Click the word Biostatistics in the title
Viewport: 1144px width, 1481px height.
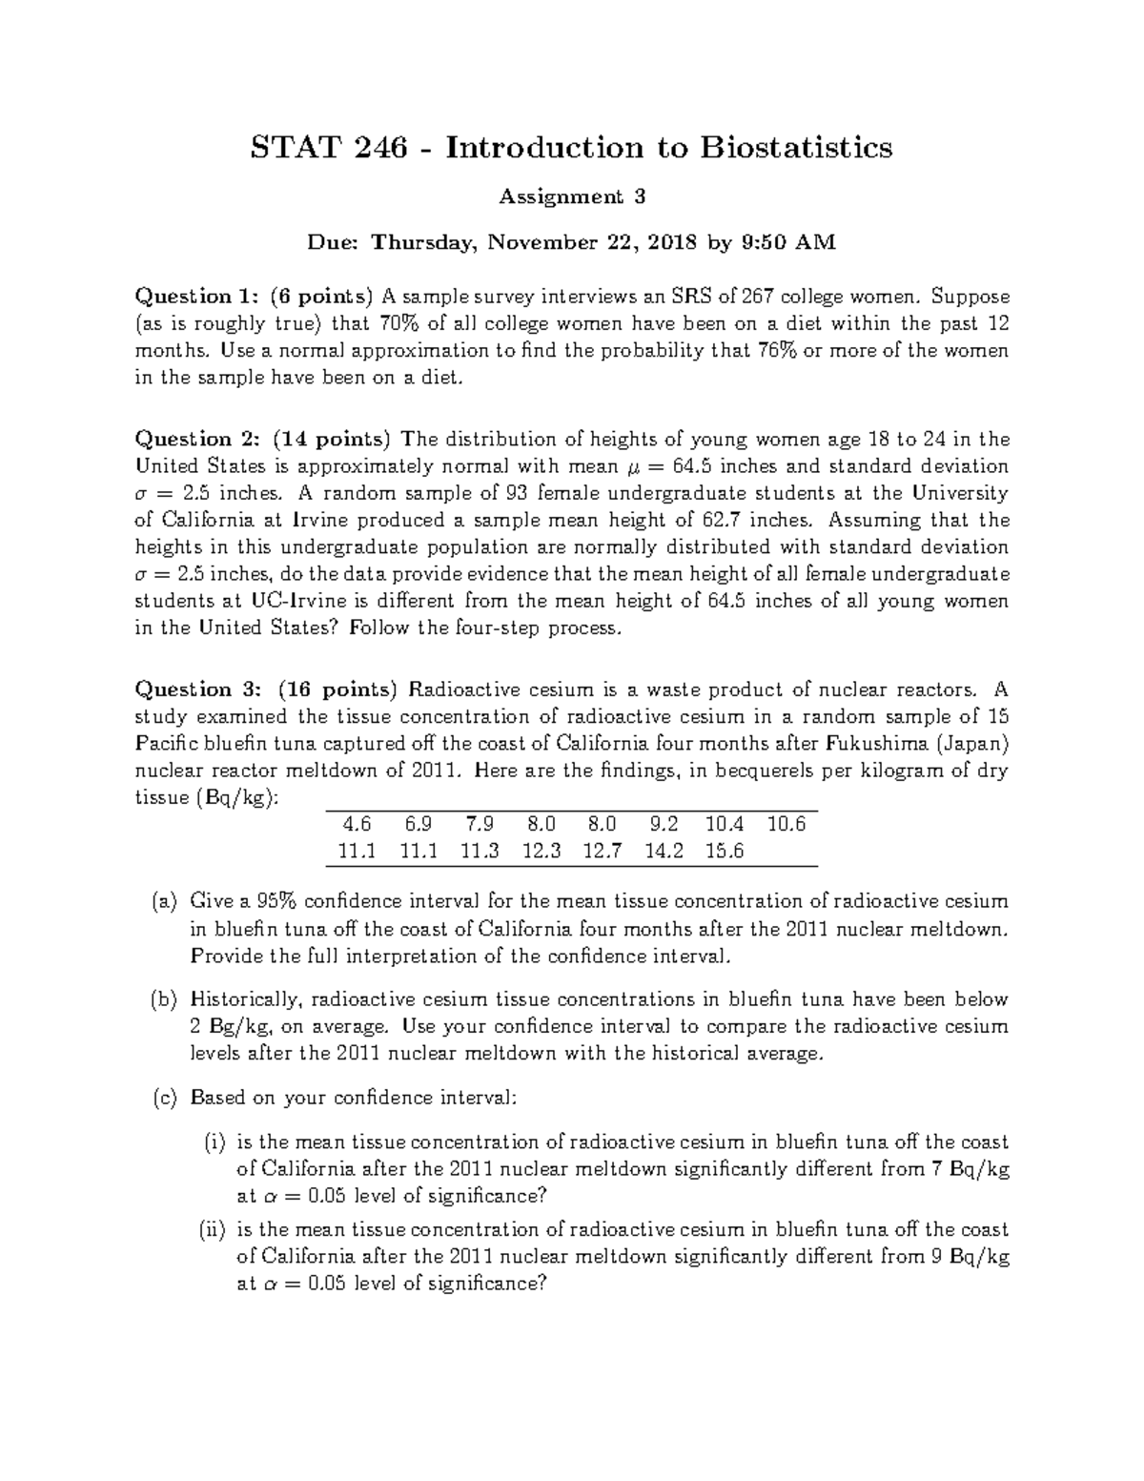pos(797,148)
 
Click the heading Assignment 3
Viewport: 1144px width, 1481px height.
pos(572,197)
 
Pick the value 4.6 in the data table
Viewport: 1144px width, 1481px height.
pos(356,824)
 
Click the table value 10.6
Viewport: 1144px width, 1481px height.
pos(786,824)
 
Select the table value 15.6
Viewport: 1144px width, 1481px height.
pos(724,852)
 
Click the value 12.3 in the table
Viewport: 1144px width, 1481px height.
pos(541,852)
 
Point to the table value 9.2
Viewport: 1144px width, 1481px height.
pos(664,824)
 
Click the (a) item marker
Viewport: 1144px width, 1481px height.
pos(164,901)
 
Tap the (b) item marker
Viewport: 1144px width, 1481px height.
pos(164,1000)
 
